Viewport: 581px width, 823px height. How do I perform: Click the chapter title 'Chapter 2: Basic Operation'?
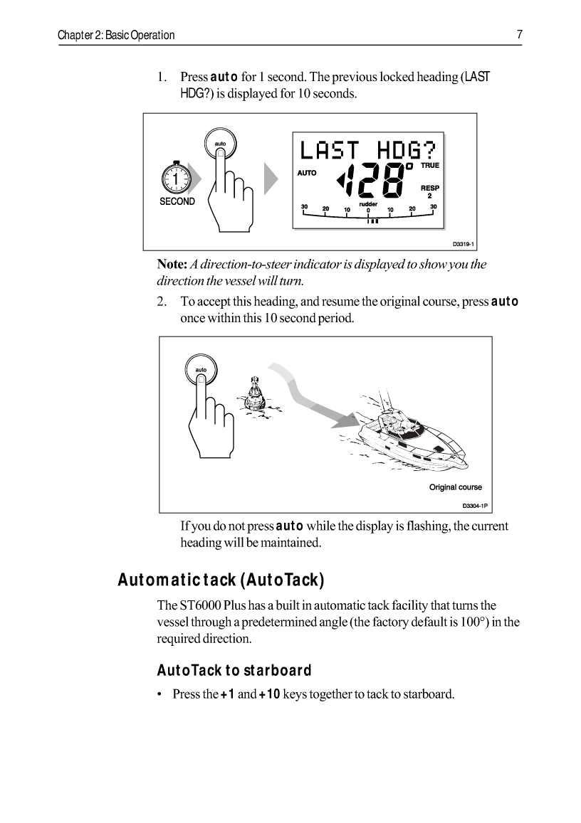point(116,35)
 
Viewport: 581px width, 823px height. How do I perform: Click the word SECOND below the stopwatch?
point(177,201)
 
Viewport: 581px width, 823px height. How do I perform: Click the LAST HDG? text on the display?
point(367,151)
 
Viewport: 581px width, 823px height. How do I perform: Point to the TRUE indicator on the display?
point(430,166)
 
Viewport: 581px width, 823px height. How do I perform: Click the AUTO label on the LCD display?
point(307,173)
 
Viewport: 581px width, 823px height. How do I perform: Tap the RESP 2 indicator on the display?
point(430,192)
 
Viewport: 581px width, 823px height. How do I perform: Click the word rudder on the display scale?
point(368,203)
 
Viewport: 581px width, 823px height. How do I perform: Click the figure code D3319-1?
point(464,244)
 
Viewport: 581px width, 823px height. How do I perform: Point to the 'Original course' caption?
point(455,487)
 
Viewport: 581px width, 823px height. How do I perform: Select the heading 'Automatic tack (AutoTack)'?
point(221,580)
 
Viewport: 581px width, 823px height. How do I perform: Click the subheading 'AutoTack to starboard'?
point(234,671)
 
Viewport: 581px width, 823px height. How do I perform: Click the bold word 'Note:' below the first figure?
point(172,265)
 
